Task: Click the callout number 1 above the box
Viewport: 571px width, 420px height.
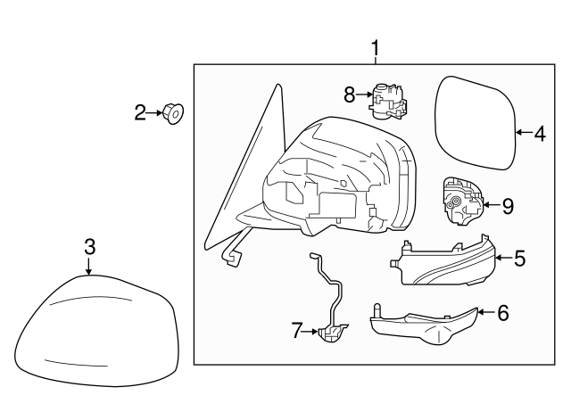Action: (376, 47)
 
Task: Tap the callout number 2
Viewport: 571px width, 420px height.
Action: (140, 112)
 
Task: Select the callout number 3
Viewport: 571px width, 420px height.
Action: (89, 246)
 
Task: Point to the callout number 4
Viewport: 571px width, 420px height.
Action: (539, 135)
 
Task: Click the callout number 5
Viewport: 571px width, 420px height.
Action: (519, 259)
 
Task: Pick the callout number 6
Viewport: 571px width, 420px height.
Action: (502, 313)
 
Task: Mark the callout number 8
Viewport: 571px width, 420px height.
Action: (350, 92)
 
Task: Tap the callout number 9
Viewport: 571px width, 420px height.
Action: (507, 206)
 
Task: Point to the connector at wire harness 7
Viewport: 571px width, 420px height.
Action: (332, 334)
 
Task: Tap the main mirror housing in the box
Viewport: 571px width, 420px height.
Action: (343, 178)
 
